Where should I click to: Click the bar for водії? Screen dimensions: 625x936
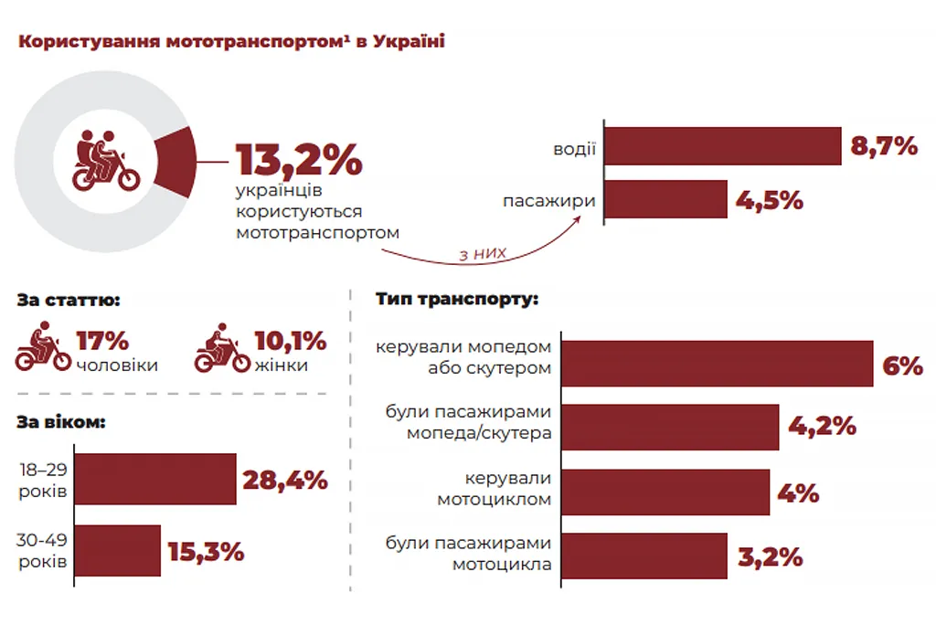[722, 146]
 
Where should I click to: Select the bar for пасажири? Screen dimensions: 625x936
[665, 199]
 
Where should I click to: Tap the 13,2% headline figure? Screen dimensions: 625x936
[299, 160]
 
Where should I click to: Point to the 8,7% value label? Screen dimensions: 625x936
[884, 146]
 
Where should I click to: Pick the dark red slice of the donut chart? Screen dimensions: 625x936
[175, 162]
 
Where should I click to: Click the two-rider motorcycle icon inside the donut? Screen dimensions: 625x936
[104, 161]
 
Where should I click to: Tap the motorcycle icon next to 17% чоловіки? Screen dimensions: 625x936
[42, 347]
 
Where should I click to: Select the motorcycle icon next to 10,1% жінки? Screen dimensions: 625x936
[221, 347]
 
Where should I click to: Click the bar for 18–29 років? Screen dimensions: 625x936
[154, 478]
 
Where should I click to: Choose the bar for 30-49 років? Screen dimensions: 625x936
[117, 550]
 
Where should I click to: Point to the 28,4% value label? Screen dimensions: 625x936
[284, 479]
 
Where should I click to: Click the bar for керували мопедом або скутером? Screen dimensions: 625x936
[717, 364]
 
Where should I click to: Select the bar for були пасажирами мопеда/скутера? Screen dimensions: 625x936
[669, 427]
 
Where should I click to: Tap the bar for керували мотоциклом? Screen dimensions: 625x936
[665, 492]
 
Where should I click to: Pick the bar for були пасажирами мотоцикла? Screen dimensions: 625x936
[643, 556]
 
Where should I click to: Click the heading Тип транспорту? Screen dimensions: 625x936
[456, 299]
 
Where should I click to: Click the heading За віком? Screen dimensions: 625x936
[60, 423]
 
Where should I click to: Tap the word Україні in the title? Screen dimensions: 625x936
[409, 42]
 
